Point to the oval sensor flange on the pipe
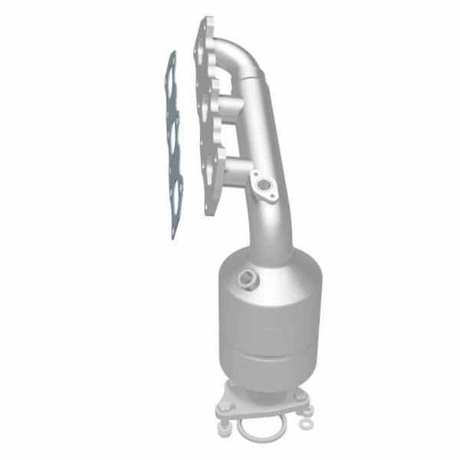click(264, 186)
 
